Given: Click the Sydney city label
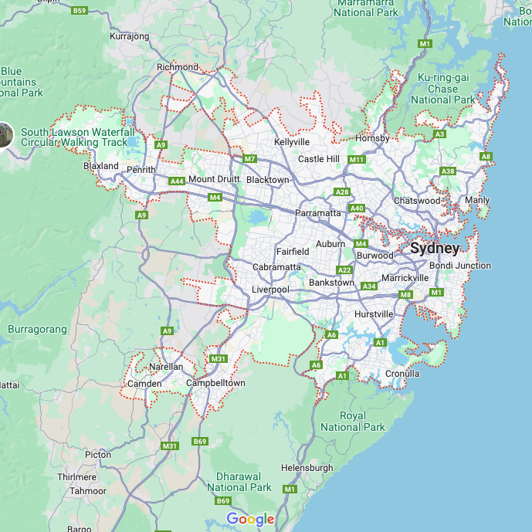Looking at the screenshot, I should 435,249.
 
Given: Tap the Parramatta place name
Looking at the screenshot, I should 318,213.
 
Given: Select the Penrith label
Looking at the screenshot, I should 141,170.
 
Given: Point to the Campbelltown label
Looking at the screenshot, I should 215,383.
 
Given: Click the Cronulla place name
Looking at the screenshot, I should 402,374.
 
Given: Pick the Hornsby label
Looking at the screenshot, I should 372,138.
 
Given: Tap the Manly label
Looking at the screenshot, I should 477,201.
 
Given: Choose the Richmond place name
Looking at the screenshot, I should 178,67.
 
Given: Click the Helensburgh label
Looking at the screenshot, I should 307,468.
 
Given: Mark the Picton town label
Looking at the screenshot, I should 98,455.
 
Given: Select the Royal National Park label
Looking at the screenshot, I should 353,421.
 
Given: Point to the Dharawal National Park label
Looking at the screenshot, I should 239,482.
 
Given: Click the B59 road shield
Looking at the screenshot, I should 80,11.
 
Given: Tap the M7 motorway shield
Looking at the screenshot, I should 249,159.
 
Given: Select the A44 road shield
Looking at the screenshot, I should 177,181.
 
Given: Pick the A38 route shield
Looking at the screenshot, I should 447,171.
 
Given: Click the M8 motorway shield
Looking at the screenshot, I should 406,295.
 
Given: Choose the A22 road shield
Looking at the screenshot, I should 344,269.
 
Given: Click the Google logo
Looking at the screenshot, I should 251,520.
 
